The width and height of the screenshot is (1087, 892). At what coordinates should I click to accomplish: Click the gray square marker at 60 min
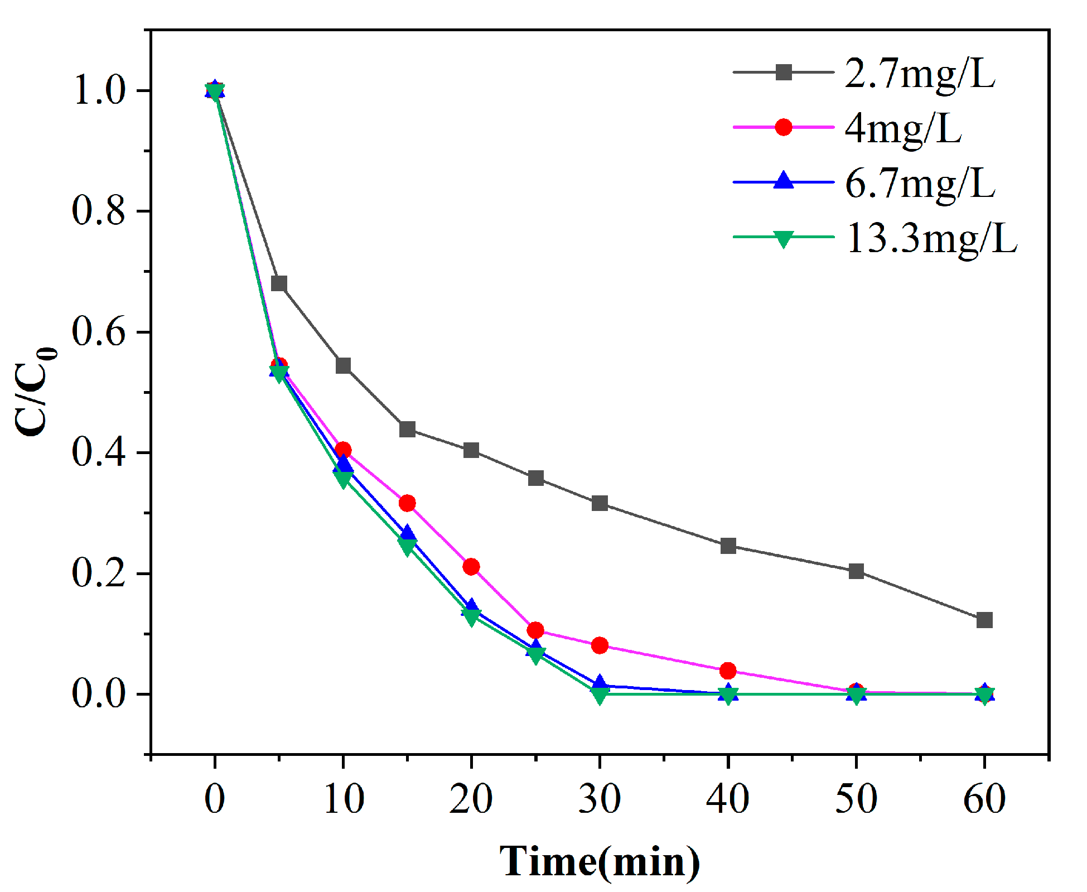(x=984, y=620)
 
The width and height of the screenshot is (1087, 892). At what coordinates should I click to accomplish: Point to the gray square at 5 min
(x=279, y=283)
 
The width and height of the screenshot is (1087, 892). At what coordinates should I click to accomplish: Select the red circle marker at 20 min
(x=471, y=567)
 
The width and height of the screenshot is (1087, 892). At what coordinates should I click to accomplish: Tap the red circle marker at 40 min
(x=728, y=670)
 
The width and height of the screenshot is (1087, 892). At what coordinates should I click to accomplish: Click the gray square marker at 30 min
(x=600, y=503)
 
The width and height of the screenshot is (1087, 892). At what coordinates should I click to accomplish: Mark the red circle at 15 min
(x=407, y=503)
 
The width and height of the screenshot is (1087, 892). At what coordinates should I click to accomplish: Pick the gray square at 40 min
(x=728, y=546)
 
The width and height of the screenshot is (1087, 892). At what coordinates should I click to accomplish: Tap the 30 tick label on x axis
(x=600, y=798)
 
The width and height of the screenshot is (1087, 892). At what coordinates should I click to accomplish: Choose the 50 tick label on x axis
(x=856, y=798)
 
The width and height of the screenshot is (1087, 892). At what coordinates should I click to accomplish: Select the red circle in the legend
(x=783, y=127)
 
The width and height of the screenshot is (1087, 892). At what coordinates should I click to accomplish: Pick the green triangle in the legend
(x=783, y=239)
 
